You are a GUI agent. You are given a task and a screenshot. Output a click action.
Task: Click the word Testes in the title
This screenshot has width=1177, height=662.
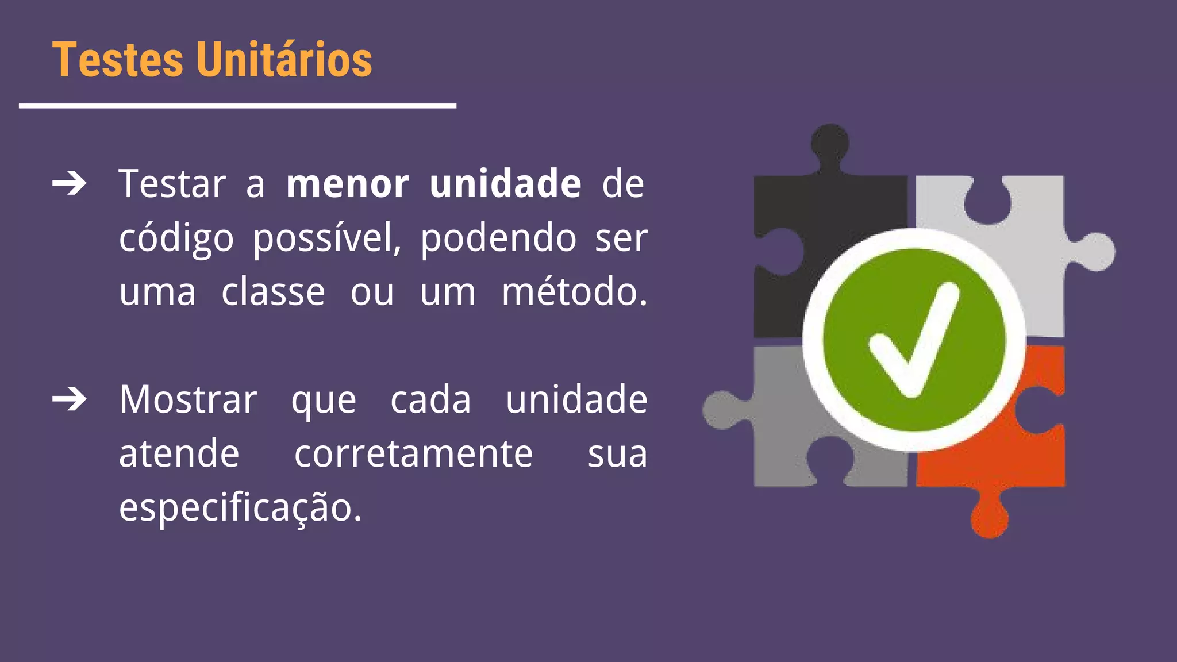point(117,60)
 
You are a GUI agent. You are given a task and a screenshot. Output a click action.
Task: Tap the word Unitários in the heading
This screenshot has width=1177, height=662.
point(284,60)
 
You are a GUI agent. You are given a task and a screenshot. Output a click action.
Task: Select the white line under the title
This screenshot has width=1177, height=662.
point(237,106)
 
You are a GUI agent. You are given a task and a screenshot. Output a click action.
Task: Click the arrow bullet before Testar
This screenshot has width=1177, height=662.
point(70,184)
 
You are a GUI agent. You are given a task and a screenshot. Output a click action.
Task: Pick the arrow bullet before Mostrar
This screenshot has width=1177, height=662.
point(70,399)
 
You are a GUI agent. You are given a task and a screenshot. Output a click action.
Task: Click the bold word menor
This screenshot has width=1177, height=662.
point(348,184)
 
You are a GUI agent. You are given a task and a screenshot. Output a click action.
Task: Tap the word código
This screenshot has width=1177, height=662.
point(176,238)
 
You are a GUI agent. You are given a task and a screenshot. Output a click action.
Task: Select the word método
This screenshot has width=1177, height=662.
point(574,291)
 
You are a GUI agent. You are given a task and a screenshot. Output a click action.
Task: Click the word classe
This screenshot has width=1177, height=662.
point(273,292)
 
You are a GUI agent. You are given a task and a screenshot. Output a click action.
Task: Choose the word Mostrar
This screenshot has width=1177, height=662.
point(188,399)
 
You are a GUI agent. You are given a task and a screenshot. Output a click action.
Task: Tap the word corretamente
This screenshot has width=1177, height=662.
point(414,454)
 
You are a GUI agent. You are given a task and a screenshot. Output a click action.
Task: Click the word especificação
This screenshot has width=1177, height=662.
point(240,508)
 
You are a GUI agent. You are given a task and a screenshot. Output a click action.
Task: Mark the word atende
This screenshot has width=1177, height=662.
point(179,454)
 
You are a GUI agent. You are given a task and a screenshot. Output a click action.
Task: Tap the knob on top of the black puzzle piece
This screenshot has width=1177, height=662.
point(830,144)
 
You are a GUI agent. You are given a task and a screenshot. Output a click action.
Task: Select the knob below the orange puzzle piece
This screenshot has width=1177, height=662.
point(989,517)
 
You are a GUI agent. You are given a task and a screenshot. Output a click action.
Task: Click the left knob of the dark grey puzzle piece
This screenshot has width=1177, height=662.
point(722,410)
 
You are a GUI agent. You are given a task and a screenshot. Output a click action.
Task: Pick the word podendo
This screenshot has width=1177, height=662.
point(498,238)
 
